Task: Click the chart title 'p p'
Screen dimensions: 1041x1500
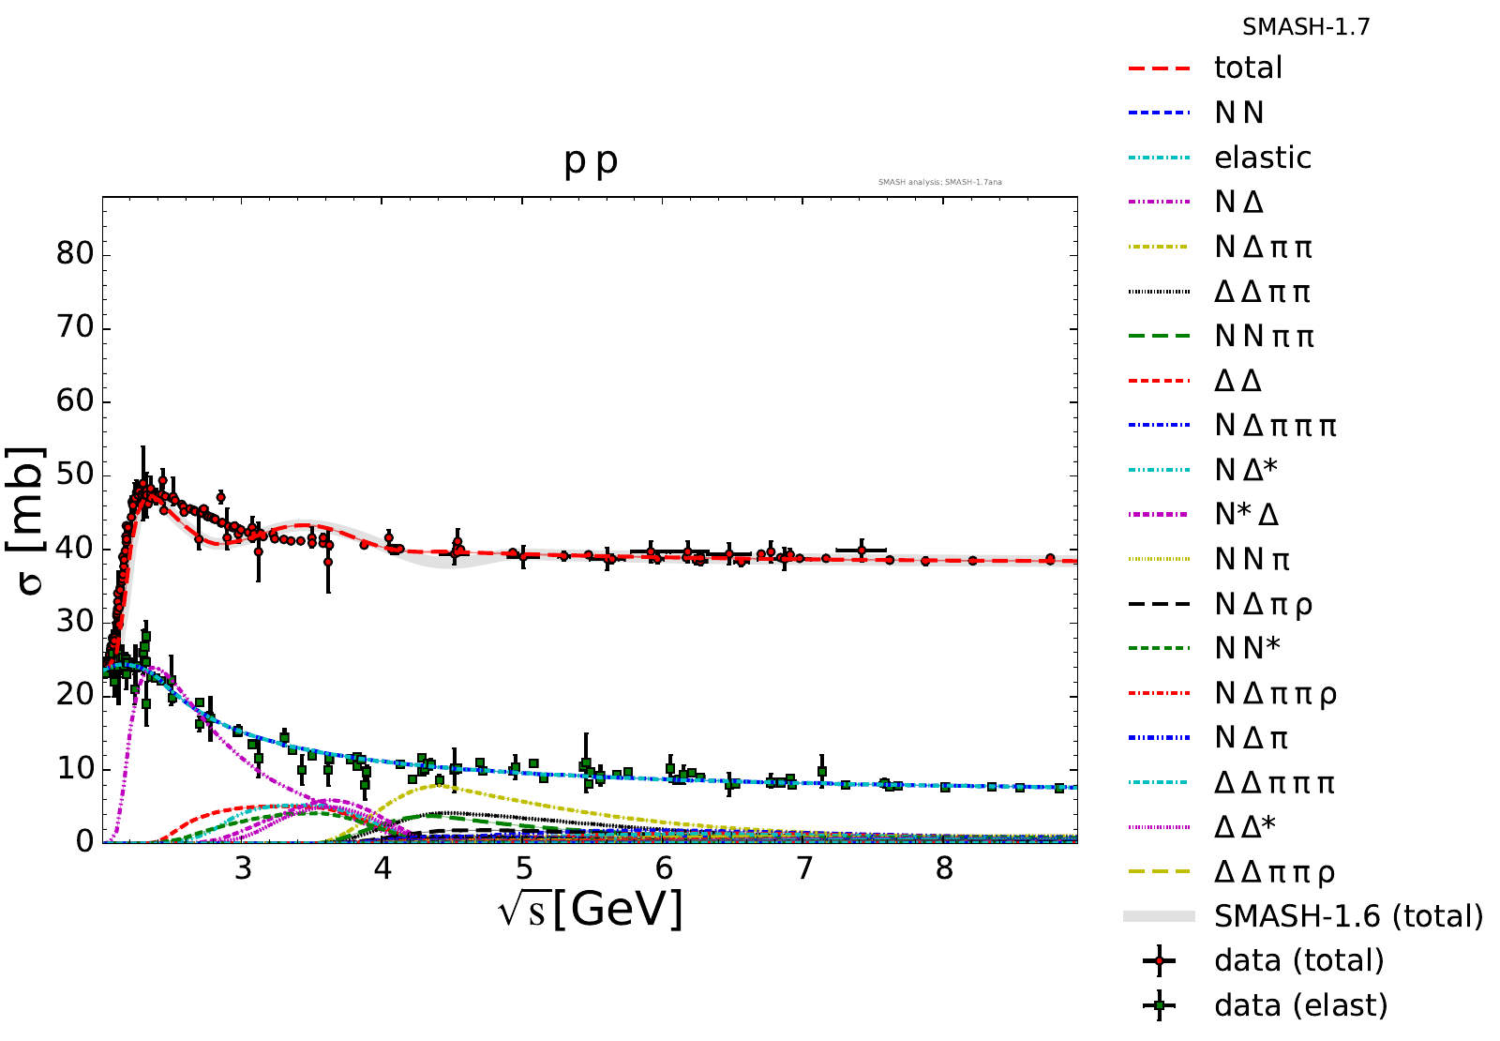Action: (x=591, y=161)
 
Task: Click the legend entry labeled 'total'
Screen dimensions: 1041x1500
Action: (x=1247, y=68)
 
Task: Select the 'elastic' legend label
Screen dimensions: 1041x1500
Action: (x=1262, y=158)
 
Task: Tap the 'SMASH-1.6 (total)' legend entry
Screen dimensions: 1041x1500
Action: (x=1347, y=916)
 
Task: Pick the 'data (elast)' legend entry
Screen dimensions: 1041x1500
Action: (x=1299, y=1005)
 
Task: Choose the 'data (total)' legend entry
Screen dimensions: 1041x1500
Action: (x=1298, y=960)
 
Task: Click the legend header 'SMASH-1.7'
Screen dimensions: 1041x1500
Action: (x=1306, y=27)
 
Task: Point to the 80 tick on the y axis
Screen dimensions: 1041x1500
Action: (x=75, y=254)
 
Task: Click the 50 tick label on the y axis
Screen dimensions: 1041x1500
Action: (x=75, y=475)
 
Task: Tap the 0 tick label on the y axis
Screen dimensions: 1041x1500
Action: (x=85, y=841)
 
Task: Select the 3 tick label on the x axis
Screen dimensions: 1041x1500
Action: (x=243, y=869)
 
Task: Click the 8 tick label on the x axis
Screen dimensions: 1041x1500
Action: (x=944, y=869)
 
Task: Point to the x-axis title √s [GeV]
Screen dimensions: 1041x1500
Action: (x=591, y=909)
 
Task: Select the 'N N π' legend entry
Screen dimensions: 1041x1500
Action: (x=1252, y=560)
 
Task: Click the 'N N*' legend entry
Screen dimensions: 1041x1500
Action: (x=1247, y=648)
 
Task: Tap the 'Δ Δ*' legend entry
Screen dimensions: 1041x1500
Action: (x=1244, y=826)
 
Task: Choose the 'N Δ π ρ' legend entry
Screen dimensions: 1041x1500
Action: (x=1263, y=605)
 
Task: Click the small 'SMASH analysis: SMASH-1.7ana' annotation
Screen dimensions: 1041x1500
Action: (x=939, y=182)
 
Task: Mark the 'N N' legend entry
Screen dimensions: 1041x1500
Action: (x=1238, y=113)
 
